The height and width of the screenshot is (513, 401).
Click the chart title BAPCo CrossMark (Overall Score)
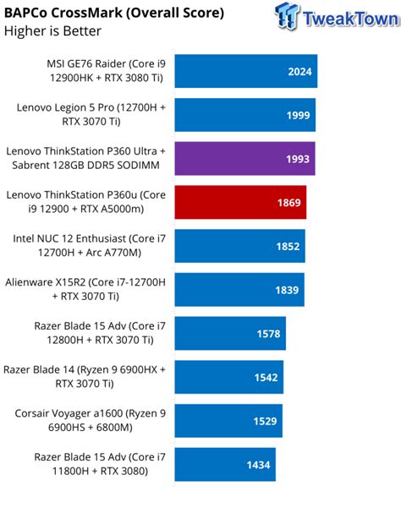pos(114,13)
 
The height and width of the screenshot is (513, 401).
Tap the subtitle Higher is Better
pos(52,31)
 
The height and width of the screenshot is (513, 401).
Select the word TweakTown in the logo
pos(348,18)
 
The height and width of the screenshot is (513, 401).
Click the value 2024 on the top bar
pos(299,72)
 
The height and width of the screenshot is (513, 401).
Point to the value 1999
pos(298,116)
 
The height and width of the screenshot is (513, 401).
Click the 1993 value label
pos(298,159)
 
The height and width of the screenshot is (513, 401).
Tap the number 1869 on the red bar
pos(288,203)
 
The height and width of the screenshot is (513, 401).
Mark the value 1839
pos(287,290)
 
